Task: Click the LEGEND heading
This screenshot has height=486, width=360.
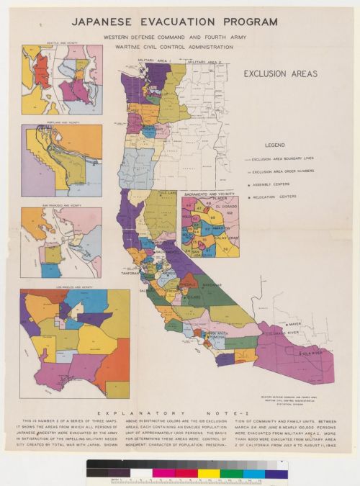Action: [x=278, y=145]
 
